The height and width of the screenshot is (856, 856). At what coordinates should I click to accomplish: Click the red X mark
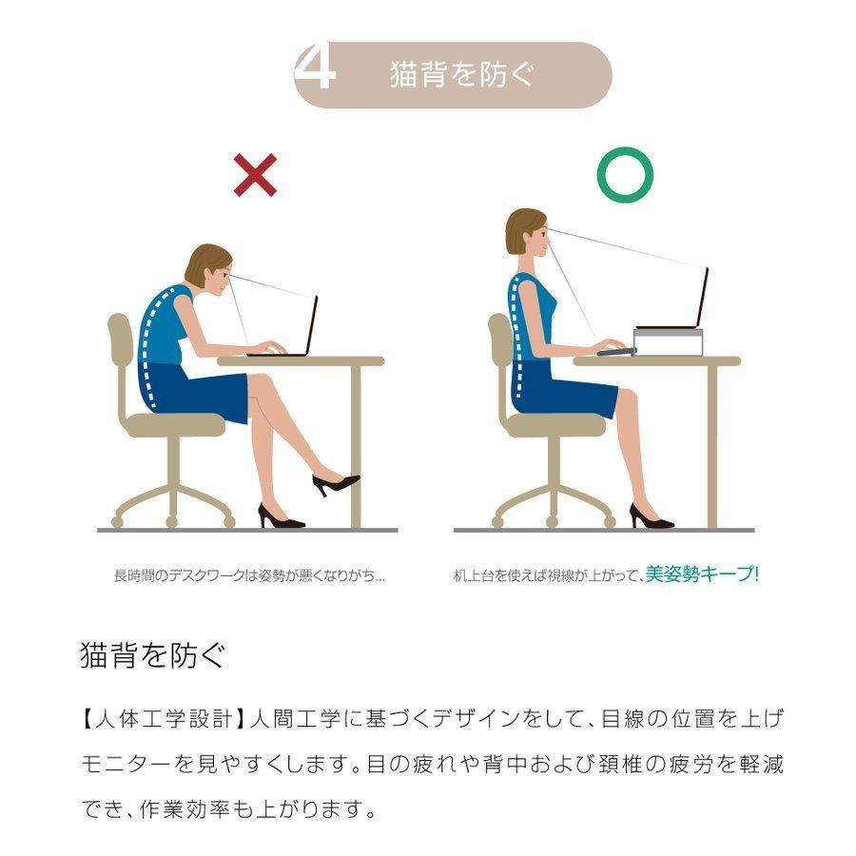255,175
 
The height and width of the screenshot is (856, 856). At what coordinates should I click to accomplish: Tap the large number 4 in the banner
315,66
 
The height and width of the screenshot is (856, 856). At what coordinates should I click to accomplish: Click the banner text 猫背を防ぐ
462,74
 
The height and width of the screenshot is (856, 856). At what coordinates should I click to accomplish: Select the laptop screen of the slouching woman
312,325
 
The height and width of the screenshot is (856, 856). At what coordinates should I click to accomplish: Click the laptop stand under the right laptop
668,341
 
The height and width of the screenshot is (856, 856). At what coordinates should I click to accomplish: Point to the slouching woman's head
209,268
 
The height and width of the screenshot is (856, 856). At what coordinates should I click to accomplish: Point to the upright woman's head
527,233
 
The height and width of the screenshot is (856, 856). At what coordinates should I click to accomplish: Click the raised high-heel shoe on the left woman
336,484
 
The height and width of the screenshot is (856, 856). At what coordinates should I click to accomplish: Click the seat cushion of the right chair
555,425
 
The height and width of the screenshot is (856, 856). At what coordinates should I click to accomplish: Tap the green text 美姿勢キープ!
702,574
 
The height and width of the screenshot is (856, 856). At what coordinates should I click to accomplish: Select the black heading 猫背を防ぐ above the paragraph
152,654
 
